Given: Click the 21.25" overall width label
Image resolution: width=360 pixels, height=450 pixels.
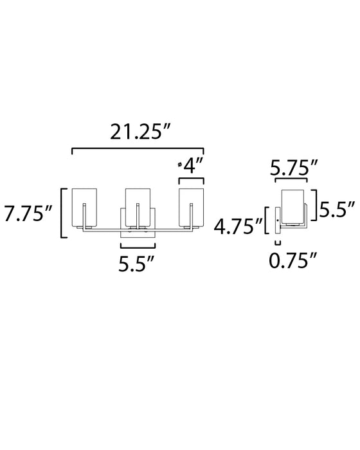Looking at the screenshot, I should click(138, 133).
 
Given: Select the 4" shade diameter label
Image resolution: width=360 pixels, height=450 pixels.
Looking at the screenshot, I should click(192, 166).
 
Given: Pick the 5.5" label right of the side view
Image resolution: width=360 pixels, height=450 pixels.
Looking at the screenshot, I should click(337, 208).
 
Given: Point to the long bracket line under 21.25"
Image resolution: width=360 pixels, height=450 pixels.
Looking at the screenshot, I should click(138, 149).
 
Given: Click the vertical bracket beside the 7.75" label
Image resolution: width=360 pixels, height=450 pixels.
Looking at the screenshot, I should click(62, 213).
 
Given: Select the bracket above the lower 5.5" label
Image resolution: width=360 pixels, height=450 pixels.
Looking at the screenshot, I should click(138, 247).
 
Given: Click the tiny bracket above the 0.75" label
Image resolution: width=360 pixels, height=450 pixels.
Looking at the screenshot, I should click(278, 242).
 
